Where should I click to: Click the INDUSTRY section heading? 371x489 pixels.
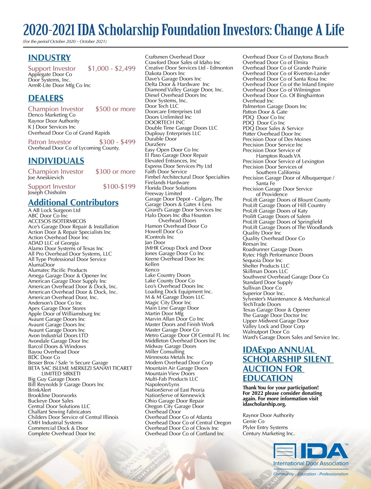pyautogui.click(x=49, y=58)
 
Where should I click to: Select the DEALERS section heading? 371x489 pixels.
pyautogui.click(x=46, y=98)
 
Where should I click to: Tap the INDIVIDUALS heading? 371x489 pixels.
pyautogui.click(x=56, y=161)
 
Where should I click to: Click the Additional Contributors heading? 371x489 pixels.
pyautogui.click(x=73, y=202)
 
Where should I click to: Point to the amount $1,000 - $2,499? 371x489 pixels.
pyautogui.click(x=112, y=69)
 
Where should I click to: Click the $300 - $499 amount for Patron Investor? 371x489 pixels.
pyautogui.click(x=117, y=142)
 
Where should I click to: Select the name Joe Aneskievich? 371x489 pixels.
pyautogui.click(x=46, y=177)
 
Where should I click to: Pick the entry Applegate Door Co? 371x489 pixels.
pyautogui.click(x=50, y=74)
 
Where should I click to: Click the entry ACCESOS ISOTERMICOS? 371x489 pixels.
pyautogui.click(x=57, y=221)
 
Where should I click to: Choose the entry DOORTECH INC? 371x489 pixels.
pyautogui.click(x=165, y=122)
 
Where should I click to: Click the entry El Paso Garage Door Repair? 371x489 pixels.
pyautogui.click(x=177, y=155)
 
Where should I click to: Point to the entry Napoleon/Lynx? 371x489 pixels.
pyautogui.click(x=162, y=385)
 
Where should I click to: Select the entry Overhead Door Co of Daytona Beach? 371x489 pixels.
pyautogui.click(x=285, y=57)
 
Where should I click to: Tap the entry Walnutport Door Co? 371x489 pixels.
pyautogui.click(x=266, y=332)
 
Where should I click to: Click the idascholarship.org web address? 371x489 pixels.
pyautogui.click(x=264, y=404)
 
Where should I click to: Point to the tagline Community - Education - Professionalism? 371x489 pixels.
pyautogui.click(x=311, y=474)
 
